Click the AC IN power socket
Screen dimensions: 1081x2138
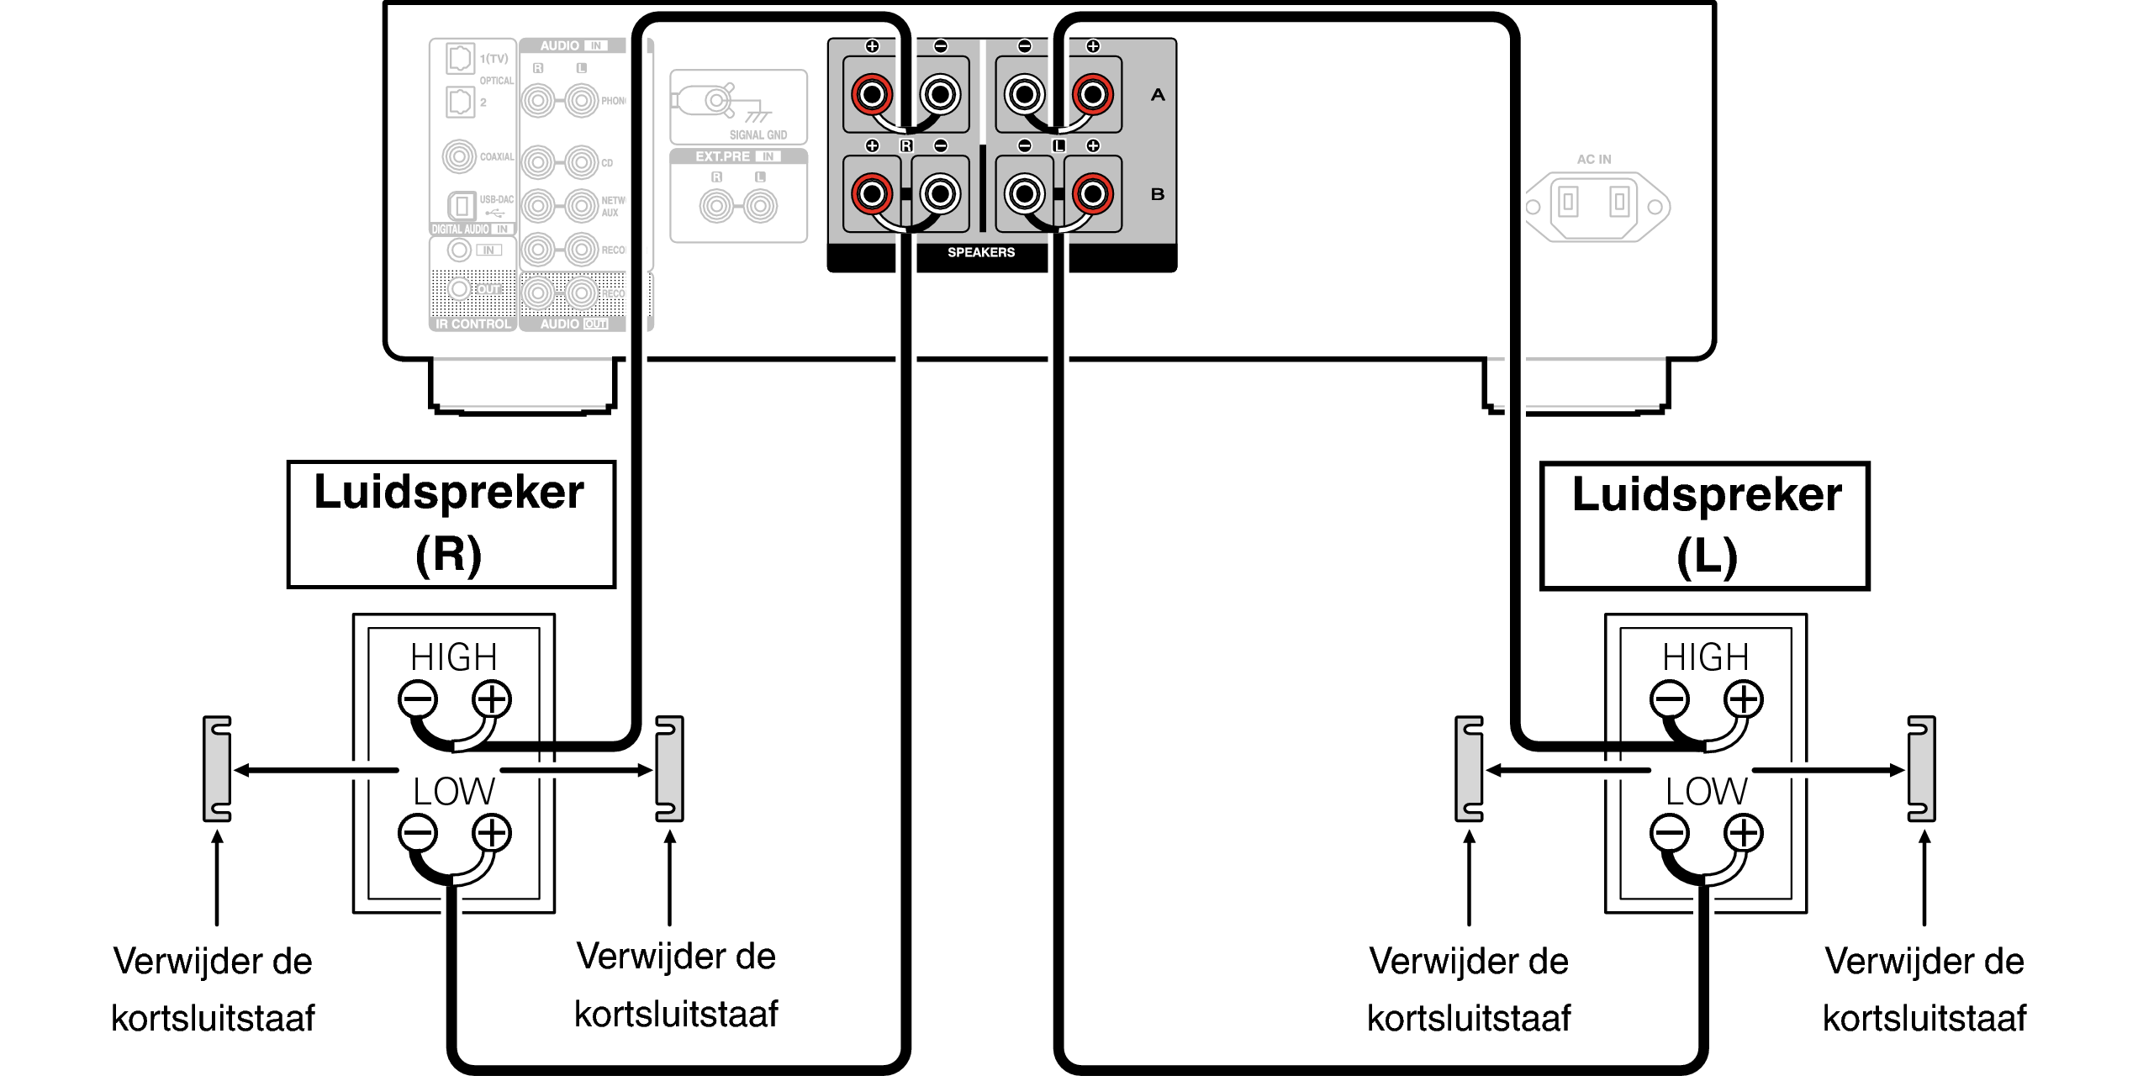pos(1593,207)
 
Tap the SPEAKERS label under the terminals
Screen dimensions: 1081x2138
pos(980,252)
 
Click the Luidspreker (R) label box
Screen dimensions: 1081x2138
pos(451,525)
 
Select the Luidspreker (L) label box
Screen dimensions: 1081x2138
pos(1704,526)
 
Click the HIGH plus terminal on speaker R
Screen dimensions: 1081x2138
pos(492,699)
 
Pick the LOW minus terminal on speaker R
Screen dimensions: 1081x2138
pos(418,833)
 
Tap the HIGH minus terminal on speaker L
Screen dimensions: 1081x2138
pos(1670,699)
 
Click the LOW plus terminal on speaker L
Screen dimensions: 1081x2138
pos(1744,833)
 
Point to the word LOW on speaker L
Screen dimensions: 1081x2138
pos(1706,792)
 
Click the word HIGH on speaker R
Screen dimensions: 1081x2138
pos(453,657)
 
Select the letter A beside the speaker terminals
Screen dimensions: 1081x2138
pos(1158,95)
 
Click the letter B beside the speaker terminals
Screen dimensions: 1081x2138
pos(1158,194)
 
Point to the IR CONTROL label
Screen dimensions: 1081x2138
pos(472,324)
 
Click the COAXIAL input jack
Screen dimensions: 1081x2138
pos(459,156)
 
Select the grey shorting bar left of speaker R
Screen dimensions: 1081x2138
pos(217,769)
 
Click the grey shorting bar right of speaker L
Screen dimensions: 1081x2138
pos(1921,769)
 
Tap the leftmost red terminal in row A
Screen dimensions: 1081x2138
pos(872,94)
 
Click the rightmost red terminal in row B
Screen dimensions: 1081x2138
pos(1092,194)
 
